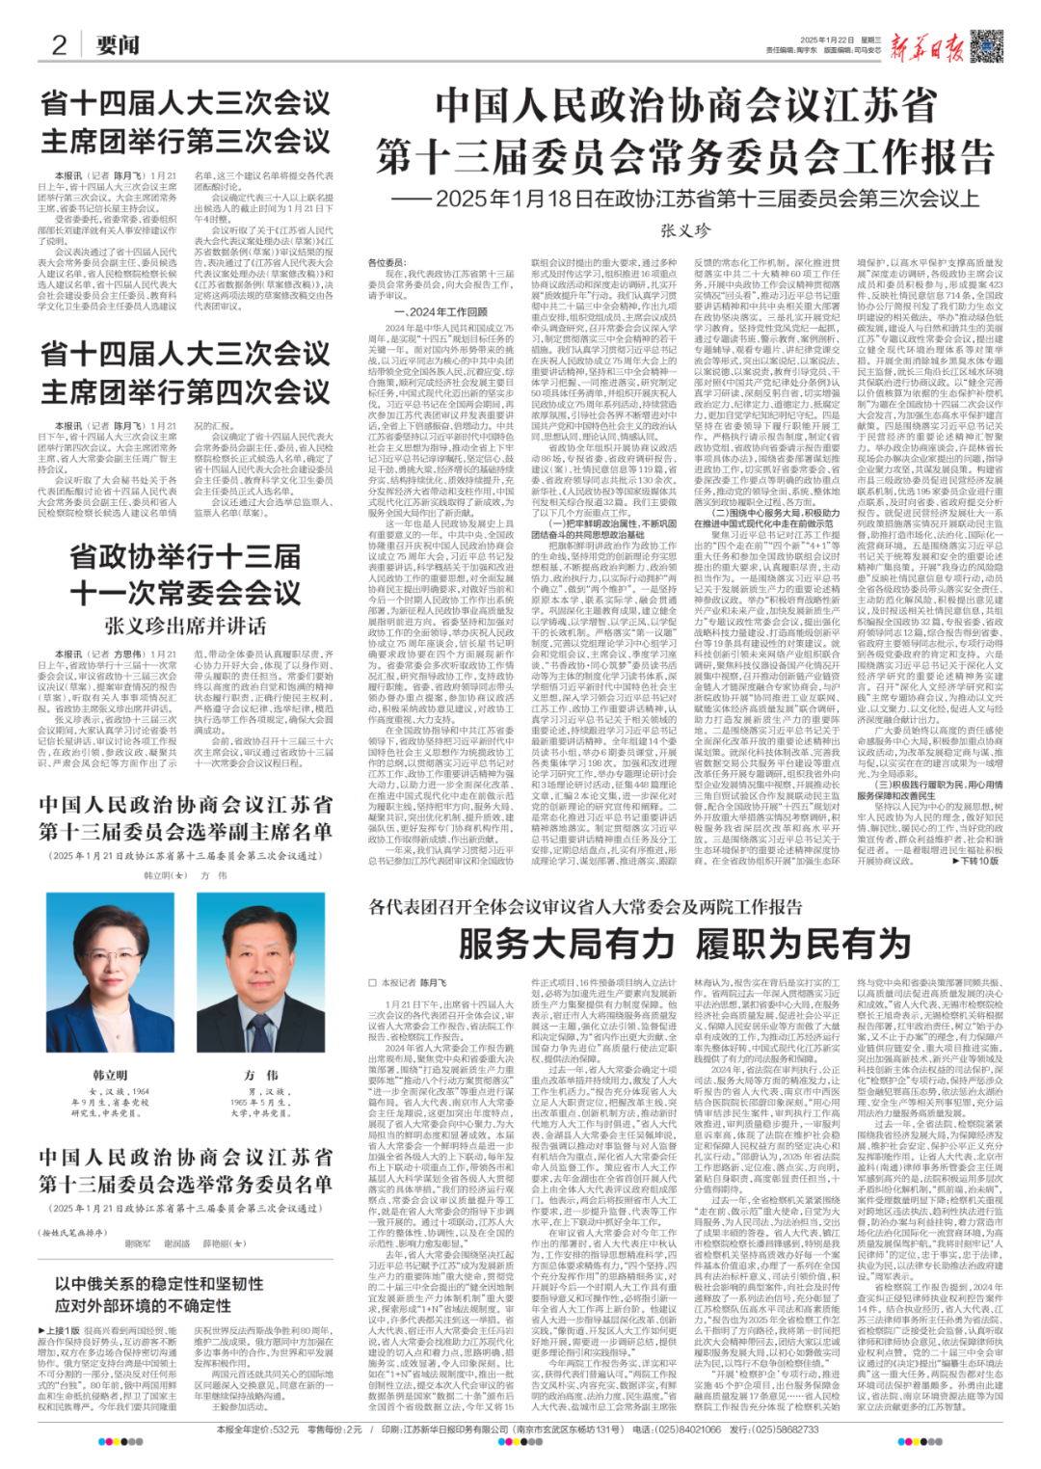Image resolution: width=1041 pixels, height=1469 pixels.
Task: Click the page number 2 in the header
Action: tap(59, 44)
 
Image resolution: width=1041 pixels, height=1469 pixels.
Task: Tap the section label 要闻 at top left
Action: tap(118, 45)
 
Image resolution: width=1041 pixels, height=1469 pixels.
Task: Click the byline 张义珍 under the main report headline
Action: tap(685, 230)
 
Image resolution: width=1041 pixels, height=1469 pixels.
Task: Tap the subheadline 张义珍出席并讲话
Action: tap(185, 626)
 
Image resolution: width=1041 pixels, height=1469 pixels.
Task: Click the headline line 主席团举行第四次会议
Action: tap(185, 392)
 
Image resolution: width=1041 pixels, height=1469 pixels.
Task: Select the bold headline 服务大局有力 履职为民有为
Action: tap(685, 944)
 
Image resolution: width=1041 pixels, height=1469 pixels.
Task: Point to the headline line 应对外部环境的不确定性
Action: tap(143, 1305)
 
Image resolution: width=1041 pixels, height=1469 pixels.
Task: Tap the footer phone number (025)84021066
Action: tap(687, 1429)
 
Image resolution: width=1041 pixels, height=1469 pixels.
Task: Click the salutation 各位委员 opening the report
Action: tap(387, 262)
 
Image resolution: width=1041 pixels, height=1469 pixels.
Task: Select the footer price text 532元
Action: tap(285, 1429)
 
